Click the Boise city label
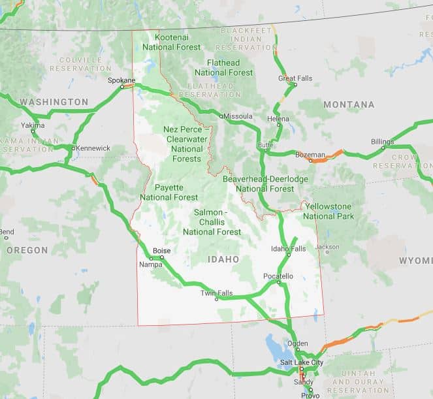(x=161, y=251)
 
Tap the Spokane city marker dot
(x=122, y=86)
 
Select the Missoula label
(x=238, y=116)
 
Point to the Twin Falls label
(x=217, y=293)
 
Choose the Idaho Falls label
(x=288, y=249)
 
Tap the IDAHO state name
(x=223, y=260)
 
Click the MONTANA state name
(x=349, y=104)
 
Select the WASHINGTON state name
(x=54, y=103)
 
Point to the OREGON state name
(x=27, y=250)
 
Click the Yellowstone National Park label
(x=329, y=211)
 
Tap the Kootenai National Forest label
(x=171, y=42)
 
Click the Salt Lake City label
(x=302, y=362)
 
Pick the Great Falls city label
(x=295, y=78)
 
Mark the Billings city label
(x=382, y=142)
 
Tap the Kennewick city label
(x=93, y=148)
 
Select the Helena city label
(x=278, y=119)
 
